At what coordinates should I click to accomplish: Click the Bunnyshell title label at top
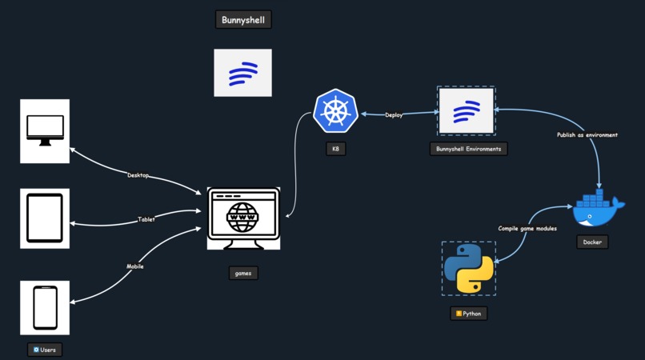[243, 19]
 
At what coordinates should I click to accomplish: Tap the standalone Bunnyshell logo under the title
[242, 73]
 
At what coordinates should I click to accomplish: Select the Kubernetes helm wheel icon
[335, 111]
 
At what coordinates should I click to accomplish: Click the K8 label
[335, 148]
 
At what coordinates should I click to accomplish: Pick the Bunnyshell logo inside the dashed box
[466, 111]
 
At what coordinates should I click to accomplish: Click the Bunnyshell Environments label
[468, 148]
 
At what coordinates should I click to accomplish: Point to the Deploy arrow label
[394, 115]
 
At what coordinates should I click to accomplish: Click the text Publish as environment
[587, 135]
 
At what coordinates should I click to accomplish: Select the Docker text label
[592, 242]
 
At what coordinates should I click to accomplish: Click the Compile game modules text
[527, 228]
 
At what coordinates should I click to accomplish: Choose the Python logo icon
[469, 269]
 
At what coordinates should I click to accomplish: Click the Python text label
[468, 314]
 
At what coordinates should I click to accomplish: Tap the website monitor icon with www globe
[243, 218]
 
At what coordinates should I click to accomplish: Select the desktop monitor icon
[45, 131]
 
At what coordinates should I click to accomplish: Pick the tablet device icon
[45, 218]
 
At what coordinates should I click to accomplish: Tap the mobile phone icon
[45, 308]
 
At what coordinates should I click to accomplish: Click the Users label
[45, 350]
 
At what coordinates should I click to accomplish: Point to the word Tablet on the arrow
[146, 218]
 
